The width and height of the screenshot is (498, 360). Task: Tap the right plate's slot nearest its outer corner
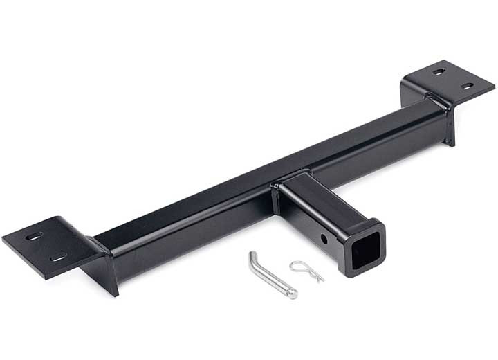(x=468, y=87)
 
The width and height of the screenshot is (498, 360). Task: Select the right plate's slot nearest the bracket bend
(x=440, y=71)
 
